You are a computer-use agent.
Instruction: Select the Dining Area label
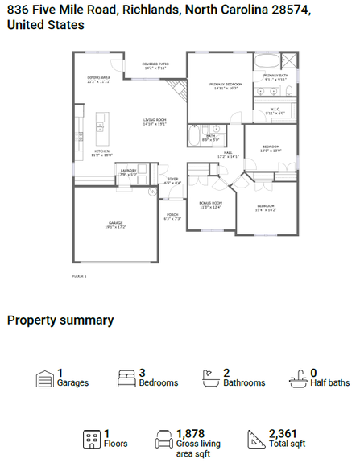click(99, 79)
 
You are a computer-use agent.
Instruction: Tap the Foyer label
click(173, 180)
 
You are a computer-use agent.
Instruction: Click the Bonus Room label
click(210, 205)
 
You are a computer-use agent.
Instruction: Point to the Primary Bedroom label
click(226, 85)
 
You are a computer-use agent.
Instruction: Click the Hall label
click(229, 154)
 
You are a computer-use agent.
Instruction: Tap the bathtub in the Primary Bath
click(267, 61)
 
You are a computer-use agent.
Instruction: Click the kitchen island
click(100, 122)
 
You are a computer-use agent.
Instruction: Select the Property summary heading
click(60, 320)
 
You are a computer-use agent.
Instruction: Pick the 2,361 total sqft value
click(283, 433)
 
